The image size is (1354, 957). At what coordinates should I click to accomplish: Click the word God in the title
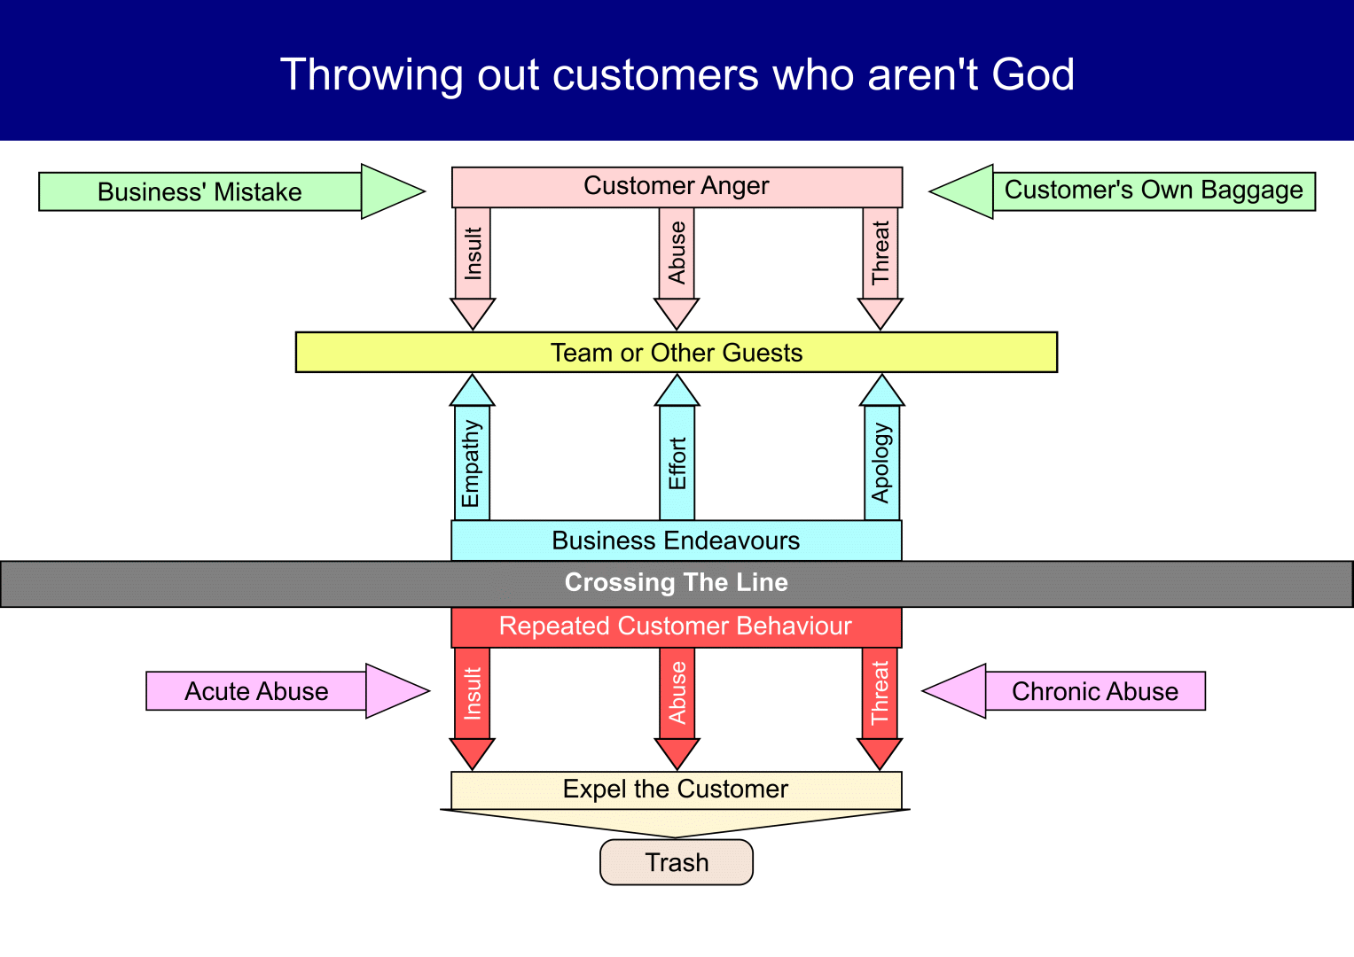(1032, 74)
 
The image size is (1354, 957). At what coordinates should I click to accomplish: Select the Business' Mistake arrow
(200, 191)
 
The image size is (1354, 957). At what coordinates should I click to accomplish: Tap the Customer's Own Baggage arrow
(1153, 191)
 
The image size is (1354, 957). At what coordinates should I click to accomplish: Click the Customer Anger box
(677, 186)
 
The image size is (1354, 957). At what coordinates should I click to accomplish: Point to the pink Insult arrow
(473, 257)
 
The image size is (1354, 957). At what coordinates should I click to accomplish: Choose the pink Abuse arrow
(677, 257)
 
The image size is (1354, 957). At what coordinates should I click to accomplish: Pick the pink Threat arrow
(880, 257)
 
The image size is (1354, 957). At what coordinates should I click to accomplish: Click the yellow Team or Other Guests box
(677, 353)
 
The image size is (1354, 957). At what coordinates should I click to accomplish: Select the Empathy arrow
(472, 461)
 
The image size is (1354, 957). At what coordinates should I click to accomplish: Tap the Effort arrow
(677, 461)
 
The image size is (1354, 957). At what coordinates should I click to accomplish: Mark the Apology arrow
(881, 461)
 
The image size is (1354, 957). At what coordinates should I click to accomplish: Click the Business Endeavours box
(677, 541)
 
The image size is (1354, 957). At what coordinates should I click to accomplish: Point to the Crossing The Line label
(677, 583)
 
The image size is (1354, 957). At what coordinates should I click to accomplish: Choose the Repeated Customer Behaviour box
(677, 626)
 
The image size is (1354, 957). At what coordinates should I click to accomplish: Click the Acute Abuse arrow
(257, 691)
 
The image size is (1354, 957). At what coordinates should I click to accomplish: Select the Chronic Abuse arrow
(1094, 691)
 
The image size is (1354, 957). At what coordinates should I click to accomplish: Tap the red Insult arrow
(473, 696)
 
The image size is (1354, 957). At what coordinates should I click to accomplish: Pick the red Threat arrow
(880, 696)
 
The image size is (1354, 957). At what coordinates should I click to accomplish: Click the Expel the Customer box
(677, 790)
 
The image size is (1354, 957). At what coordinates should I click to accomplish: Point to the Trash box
(677, 862)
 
